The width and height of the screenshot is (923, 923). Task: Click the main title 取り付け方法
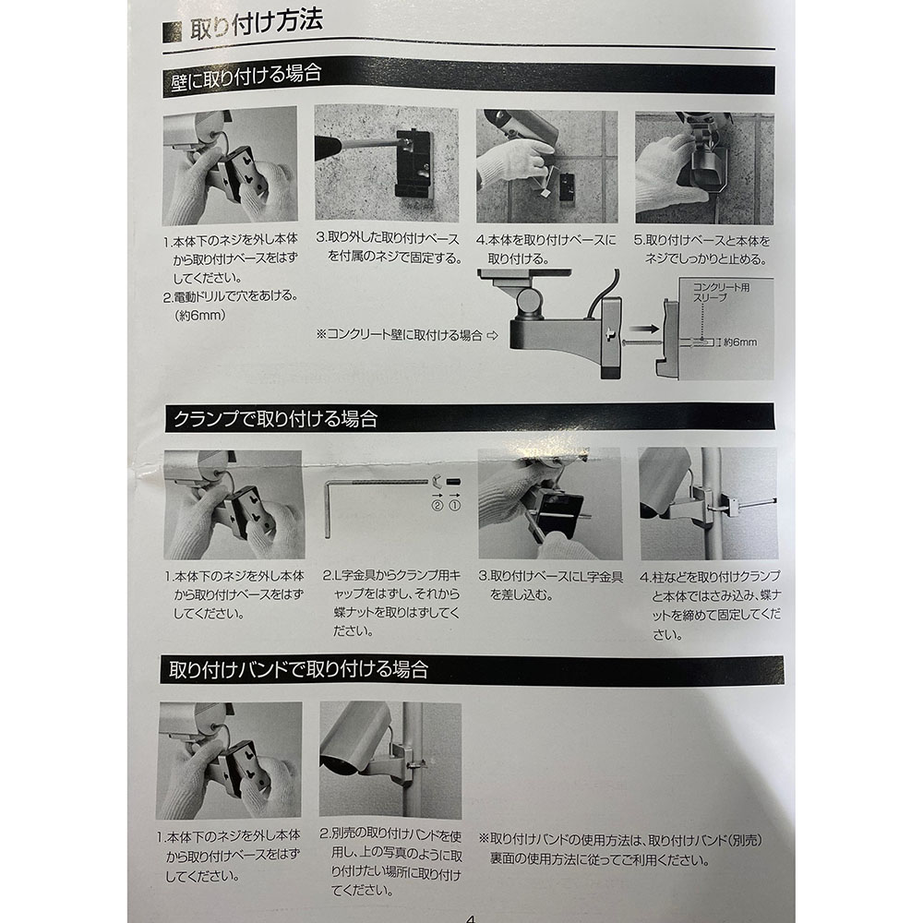pos(256,24)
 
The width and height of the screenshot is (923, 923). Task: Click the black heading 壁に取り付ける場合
pos(246,76)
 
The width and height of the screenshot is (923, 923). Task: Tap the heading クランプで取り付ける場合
pos(275,418)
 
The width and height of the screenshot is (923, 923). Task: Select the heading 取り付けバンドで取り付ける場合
pos(298,669)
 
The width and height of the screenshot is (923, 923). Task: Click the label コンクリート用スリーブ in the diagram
pos(721,292)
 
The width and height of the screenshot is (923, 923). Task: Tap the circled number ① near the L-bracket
pos(454,506)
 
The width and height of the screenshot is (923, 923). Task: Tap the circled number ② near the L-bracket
pos(437,506)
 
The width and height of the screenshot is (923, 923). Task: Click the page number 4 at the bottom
pos(470,917)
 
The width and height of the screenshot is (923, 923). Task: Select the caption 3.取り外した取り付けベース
pos(388,238)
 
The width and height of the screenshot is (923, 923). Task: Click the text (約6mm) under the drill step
pos(200,316)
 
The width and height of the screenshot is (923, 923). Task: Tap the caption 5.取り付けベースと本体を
pos(702,240)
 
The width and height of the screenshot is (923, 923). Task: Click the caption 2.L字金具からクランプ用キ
pos(391,575)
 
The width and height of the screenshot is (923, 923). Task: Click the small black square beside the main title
pos(172,32)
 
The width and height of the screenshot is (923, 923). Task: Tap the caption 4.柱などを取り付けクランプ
pos(711,576)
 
